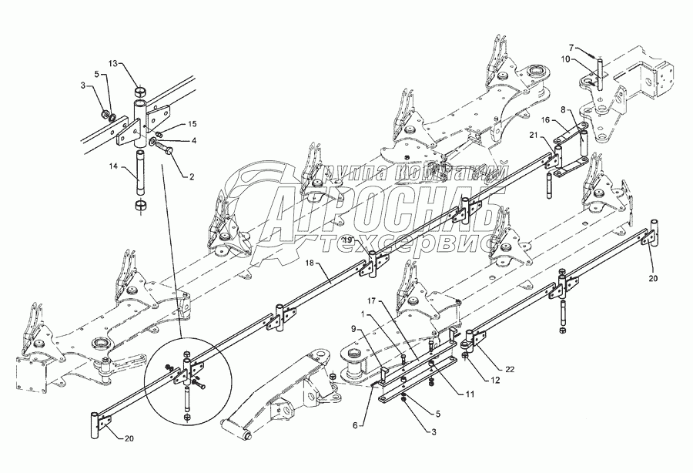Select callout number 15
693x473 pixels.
click(192, 123)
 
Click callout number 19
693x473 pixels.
click(348, 240)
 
